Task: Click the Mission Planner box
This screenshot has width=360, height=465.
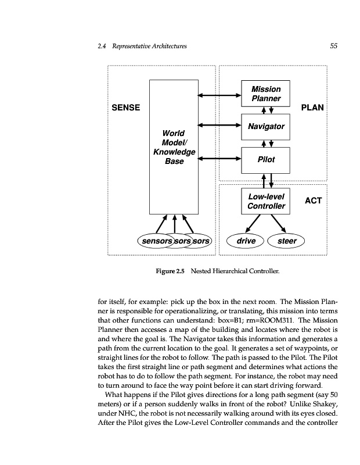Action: tap(265, 94)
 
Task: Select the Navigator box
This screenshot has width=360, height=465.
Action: tap(265, 126)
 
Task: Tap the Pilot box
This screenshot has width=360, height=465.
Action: tap(265, 159)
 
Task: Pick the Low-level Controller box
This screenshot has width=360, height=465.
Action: tap(265, 201)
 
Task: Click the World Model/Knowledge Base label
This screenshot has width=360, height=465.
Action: tap(174, 147)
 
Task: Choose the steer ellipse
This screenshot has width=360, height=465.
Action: tap(287, 241)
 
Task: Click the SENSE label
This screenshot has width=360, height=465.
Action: tap(125, 108)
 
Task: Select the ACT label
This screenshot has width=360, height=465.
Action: tap(312, 201)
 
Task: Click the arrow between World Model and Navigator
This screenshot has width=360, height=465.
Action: tap(219, 124)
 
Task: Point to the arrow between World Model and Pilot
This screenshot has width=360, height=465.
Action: tap(219, 158)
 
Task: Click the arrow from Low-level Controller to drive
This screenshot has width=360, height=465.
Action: tap(253, 222)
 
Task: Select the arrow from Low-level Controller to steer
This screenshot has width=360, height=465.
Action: tap(278, 222)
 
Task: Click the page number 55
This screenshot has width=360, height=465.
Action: tap(333, 46)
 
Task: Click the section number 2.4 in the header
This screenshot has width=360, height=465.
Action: tap(103, 46)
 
